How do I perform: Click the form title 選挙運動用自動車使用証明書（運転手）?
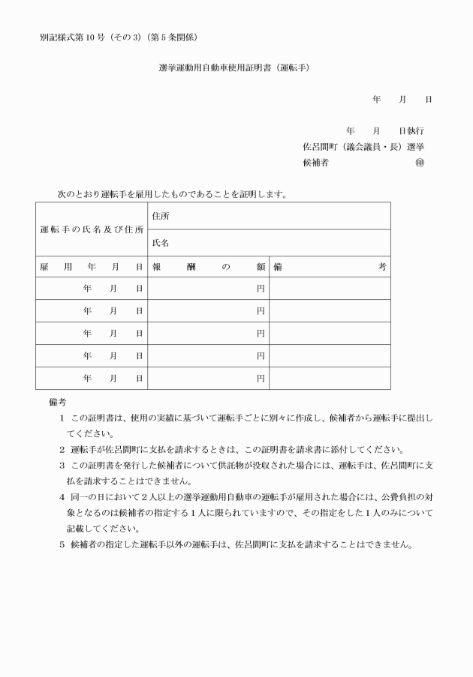234,67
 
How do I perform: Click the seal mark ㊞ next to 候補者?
419,162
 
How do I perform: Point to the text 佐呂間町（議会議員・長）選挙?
363,146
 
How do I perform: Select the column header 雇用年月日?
92,266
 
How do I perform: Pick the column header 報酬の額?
209,266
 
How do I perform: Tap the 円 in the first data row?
261,289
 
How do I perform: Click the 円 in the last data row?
261,379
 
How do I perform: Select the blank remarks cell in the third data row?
330,334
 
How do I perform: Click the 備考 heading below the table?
57,403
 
